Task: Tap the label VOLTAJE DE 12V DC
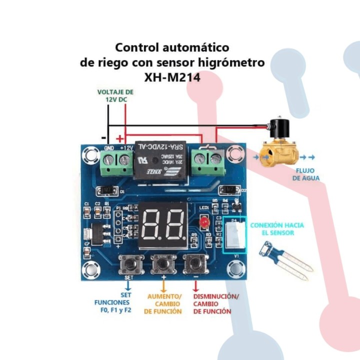[115, 95]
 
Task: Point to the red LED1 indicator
[203, 222]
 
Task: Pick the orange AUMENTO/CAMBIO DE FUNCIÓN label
[164, 303]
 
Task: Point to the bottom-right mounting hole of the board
[235, 270]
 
